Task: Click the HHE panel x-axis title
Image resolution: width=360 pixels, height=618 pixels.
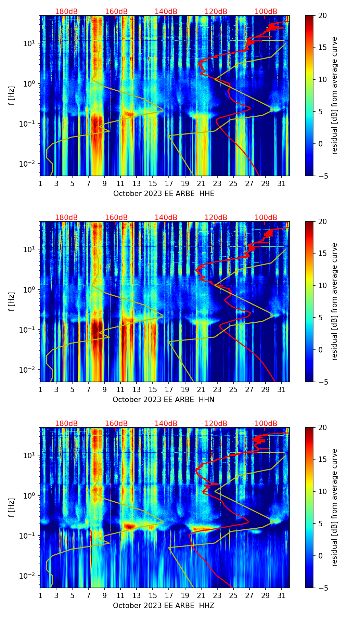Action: point(164,194)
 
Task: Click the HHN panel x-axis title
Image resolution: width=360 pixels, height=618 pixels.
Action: point(164,400)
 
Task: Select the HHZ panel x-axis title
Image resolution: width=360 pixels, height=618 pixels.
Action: point(164,606)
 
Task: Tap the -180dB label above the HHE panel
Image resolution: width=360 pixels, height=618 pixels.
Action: point(65,12)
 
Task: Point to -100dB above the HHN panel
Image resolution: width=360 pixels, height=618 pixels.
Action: point(265,218)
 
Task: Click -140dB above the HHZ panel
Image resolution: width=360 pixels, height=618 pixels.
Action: point(165,424)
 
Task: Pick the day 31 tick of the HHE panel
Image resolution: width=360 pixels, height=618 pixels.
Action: point(281,184)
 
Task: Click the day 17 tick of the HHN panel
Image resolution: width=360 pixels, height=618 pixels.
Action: point(169,390)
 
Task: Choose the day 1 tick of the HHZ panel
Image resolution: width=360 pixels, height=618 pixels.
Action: point(40,596)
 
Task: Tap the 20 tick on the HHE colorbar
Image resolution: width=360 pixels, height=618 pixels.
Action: point(322,16)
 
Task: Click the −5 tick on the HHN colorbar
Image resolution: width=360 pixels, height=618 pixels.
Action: point(322,382)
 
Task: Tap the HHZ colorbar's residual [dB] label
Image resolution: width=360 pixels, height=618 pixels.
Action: point(335,507)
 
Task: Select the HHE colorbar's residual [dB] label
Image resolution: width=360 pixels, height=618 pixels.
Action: point(335,95)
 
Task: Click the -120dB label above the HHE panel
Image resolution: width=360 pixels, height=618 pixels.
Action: point(215,12)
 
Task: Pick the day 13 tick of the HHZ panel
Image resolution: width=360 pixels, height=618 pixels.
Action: point(137,596)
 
